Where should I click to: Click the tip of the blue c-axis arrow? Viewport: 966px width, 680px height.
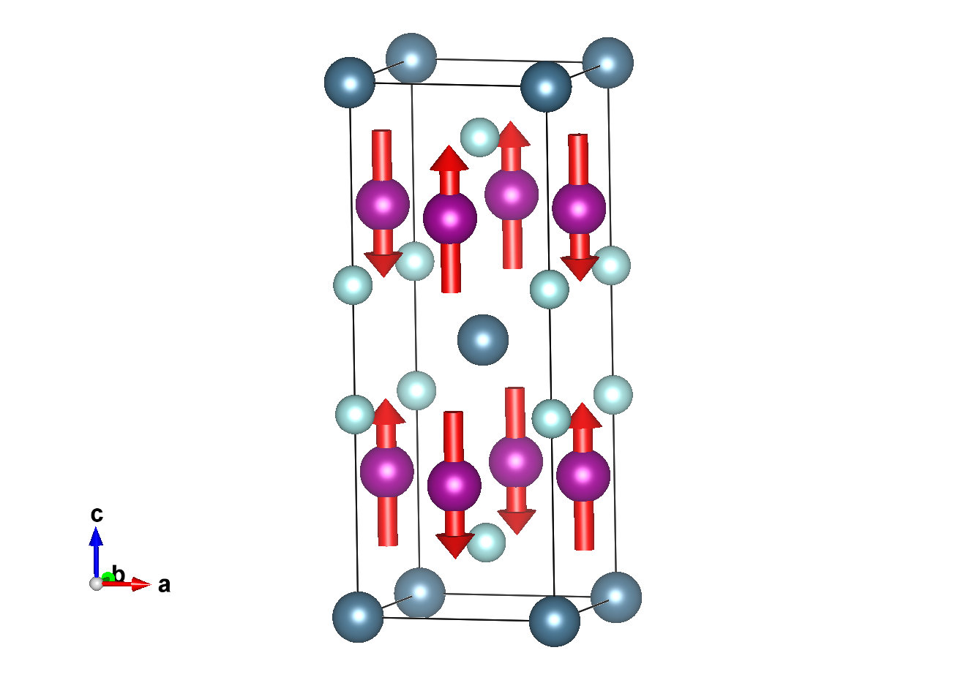pyautogui.click(x=96, y=527)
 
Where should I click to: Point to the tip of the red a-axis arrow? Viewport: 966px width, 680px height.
pyautogui.click(x=151, y=584)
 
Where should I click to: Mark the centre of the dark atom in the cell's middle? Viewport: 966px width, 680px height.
pyautogui.click(x=482, y=340)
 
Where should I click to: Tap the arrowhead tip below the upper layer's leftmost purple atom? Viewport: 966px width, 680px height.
pyautogui.click(x=383, y=277)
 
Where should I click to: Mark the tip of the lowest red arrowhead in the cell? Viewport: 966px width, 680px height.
pyautogui.click(x=455, y=559)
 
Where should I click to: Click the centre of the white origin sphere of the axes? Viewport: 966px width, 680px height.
pyautogui.click(x=96, y=583)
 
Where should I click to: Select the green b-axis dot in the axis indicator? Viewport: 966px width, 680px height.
pyautogui.click(x=108, y=577)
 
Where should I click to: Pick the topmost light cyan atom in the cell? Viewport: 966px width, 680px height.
pyautogui.click(x=479, y=137)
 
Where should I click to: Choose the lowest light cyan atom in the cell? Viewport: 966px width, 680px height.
pyautogui.click(x=486, y=543)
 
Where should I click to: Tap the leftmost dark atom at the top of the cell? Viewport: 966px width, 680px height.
pyautogui.click(x=349, y=83)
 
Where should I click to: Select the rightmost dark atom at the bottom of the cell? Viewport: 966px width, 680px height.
pyautogui.click(x=616, y=597)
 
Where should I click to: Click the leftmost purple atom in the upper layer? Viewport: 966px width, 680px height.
pyautogui.click(x=383, y=204)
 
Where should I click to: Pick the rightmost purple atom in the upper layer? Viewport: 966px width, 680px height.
pyautogui.click(x=579, y=208)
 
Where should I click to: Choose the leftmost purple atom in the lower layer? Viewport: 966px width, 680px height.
pyautogui.click(x=387, y=471)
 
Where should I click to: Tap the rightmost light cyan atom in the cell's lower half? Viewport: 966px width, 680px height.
pyautogui.click(x=613, y=395)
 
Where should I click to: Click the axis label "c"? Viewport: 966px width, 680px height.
pyautogui.click(x=97, y=514)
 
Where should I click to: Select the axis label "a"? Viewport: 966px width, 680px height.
pyautogui.click(x=164, y=585)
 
